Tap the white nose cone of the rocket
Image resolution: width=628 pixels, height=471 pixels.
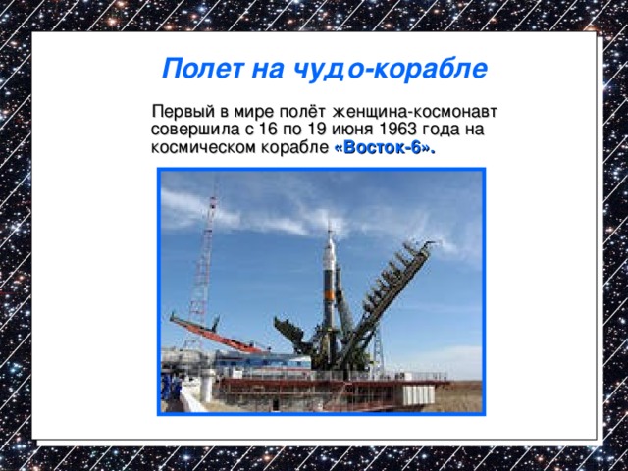(x=331, y=240)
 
